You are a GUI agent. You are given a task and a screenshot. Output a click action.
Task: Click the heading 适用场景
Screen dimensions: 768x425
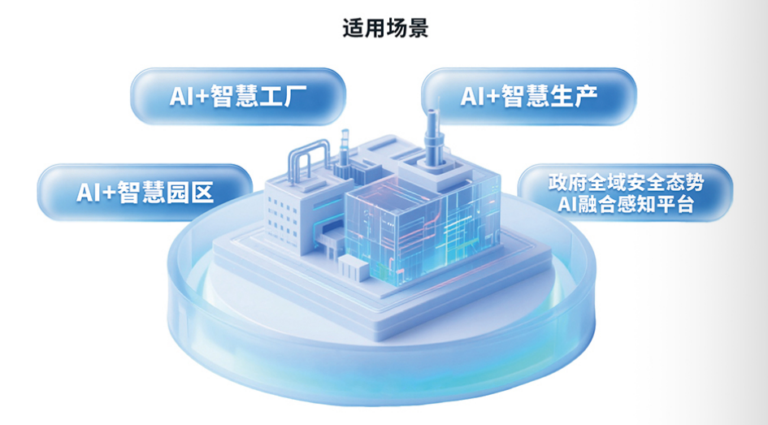point(385,28)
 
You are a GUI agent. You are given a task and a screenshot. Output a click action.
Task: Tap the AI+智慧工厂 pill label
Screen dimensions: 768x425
point(238,97)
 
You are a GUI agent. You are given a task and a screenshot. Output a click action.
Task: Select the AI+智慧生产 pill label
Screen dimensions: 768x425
point(528,97)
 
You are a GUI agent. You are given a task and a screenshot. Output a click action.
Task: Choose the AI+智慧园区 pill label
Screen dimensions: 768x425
point(145,192)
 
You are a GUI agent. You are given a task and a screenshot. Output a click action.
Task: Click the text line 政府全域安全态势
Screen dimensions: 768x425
point(626,183)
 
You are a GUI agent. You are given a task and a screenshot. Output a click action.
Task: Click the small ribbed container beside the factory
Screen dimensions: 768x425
point(354,269)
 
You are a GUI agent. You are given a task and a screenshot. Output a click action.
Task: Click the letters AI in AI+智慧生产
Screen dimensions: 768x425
point(471,97)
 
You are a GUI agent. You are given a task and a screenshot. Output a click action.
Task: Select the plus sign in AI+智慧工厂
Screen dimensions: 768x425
point(202,97)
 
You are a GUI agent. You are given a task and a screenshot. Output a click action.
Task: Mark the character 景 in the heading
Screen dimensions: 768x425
point(419,28)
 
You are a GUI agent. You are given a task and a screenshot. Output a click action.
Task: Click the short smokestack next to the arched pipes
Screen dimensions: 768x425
point(345,150)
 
